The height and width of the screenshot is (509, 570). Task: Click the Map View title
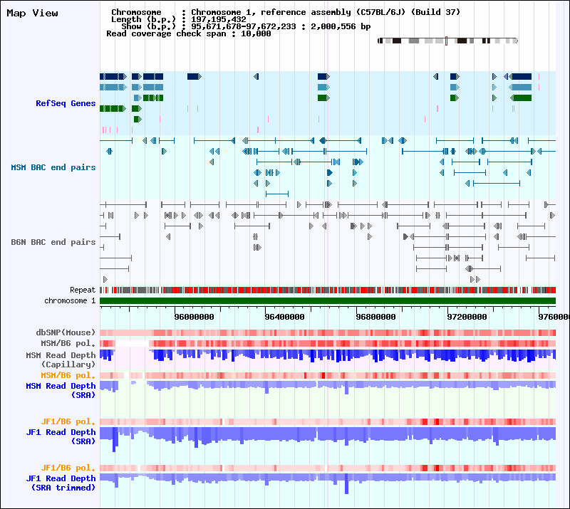coord(32,13)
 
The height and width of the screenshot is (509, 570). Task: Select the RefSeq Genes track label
coord(66,103)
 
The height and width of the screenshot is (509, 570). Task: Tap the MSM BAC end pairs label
coord(53,167)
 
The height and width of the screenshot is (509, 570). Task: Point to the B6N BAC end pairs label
coord(53,242)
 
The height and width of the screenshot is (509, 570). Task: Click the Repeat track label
coord(83,290)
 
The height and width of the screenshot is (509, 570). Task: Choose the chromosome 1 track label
coord(70,301)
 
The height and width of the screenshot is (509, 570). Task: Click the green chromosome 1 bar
coord(328,301)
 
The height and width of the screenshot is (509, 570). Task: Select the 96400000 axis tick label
coord(285,317)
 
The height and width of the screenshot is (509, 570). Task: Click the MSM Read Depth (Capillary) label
coord(61,360)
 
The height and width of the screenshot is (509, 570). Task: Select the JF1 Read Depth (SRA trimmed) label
coord(61,483)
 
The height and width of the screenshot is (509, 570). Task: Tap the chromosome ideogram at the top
coord(447,41)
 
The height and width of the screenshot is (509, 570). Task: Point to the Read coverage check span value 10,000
coord(255,33)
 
